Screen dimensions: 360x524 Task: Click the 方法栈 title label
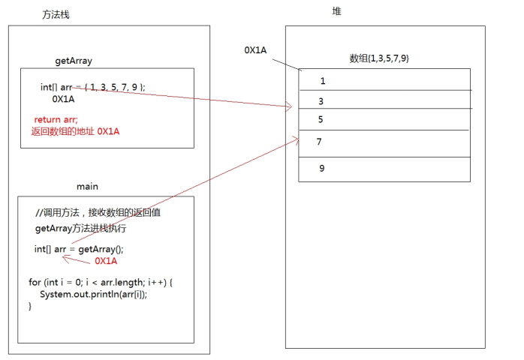pyautogui.click(x=57, y=15)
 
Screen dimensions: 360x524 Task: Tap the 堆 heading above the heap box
pyautogui.click(x=337, y=11)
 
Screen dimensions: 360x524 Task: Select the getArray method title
pyautogui.click(x=74, y=61)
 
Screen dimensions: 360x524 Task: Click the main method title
pyautogui.click(x=87, y=186)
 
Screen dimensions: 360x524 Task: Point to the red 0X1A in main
pyautogui.click(x=106, y=261)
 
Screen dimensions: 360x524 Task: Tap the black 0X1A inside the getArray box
pyautogui.click(x=63, y=98)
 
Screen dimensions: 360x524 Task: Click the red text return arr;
pyautogui.click(x=56, y=119)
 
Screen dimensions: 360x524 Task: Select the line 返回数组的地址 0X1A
pyautogui.click(x=71, y=131)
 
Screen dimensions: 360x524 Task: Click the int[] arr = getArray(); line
pyautogui.click(x=79, y=249)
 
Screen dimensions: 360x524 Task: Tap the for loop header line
pyautogui.click(x=101, y=282)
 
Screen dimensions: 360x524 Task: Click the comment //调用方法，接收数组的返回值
pyautogui.click(x=98, y=212)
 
